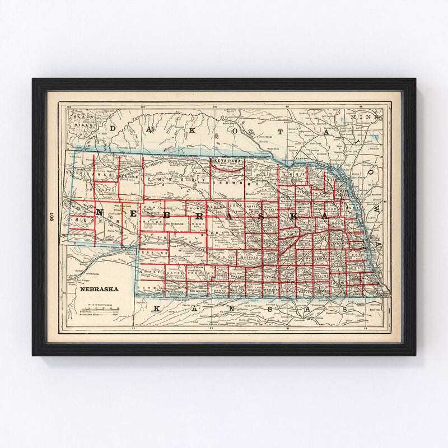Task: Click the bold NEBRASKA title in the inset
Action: pos(99,290)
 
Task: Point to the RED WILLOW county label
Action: pos(200,292)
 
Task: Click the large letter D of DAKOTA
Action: pos(112,128)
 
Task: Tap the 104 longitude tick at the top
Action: pos(69,105)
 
